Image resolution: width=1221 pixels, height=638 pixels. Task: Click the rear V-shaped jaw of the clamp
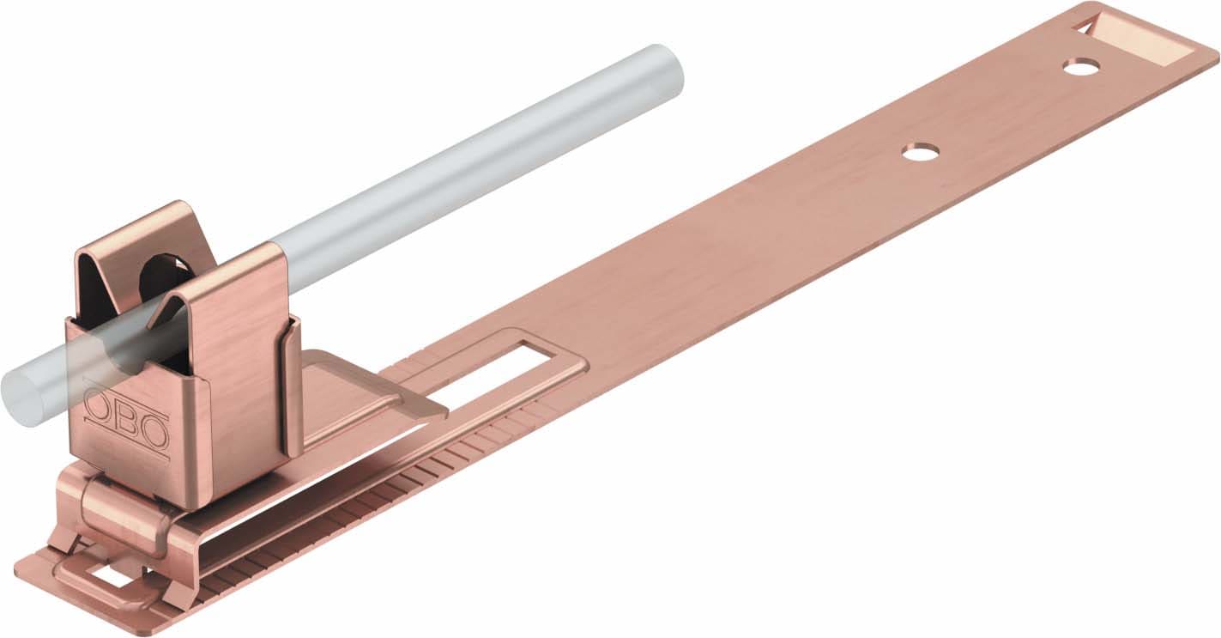[137, 249]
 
